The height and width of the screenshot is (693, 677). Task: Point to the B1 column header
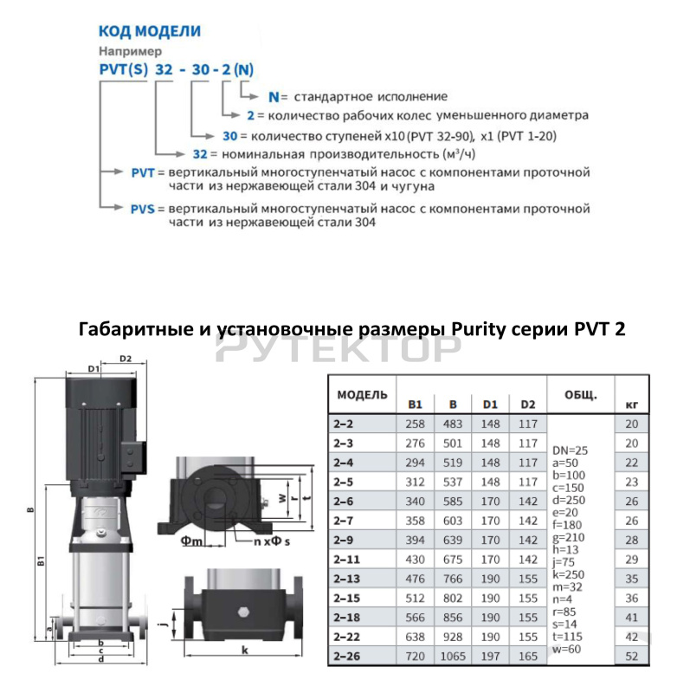[x=415, y=404]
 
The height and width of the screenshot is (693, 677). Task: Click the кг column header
[x=631, y=404]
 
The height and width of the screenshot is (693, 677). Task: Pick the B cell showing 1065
[x=453, y=657]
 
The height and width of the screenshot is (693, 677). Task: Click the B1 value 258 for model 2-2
[x=415, y=423]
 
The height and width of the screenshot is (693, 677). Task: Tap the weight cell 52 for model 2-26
[x=631, y=657]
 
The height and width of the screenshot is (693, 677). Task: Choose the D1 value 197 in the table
[x=490, y=657]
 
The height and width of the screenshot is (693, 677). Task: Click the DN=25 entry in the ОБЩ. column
[x=571, y=450]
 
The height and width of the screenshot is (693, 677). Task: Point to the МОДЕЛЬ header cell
[x=363, y=395]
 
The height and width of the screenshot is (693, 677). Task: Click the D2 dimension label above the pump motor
[x=125, y=358]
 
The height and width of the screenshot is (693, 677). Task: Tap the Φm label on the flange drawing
[x=191, y=541]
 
